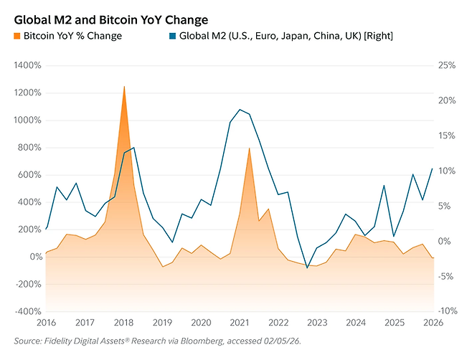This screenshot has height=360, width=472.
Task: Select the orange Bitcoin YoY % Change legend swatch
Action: pyautogui.click(x=16, y=35)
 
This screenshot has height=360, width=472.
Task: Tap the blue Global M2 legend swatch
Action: pyautogui.click(x=172, y=35)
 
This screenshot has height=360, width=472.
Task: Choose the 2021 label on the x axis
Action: pyautogui.click(x=240, y=323)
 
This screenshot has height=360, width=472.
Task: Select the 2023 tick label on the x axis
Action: pyautogui.click(x=318, y=323)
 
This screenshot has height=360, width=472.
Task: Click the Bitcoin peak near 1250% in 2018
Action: pyautogui.click(x=124, y=86)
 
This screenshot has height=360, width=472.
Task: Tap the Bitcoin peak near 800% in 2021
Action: pyautogui.click(x=249, y=148)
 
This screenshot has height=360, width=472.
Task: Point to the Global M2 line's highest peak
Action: pyautogui.click(x=240, y=110)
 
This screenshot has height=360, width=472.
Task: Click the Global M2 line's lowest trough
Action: pyautogui.click(x=307, y=268)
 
